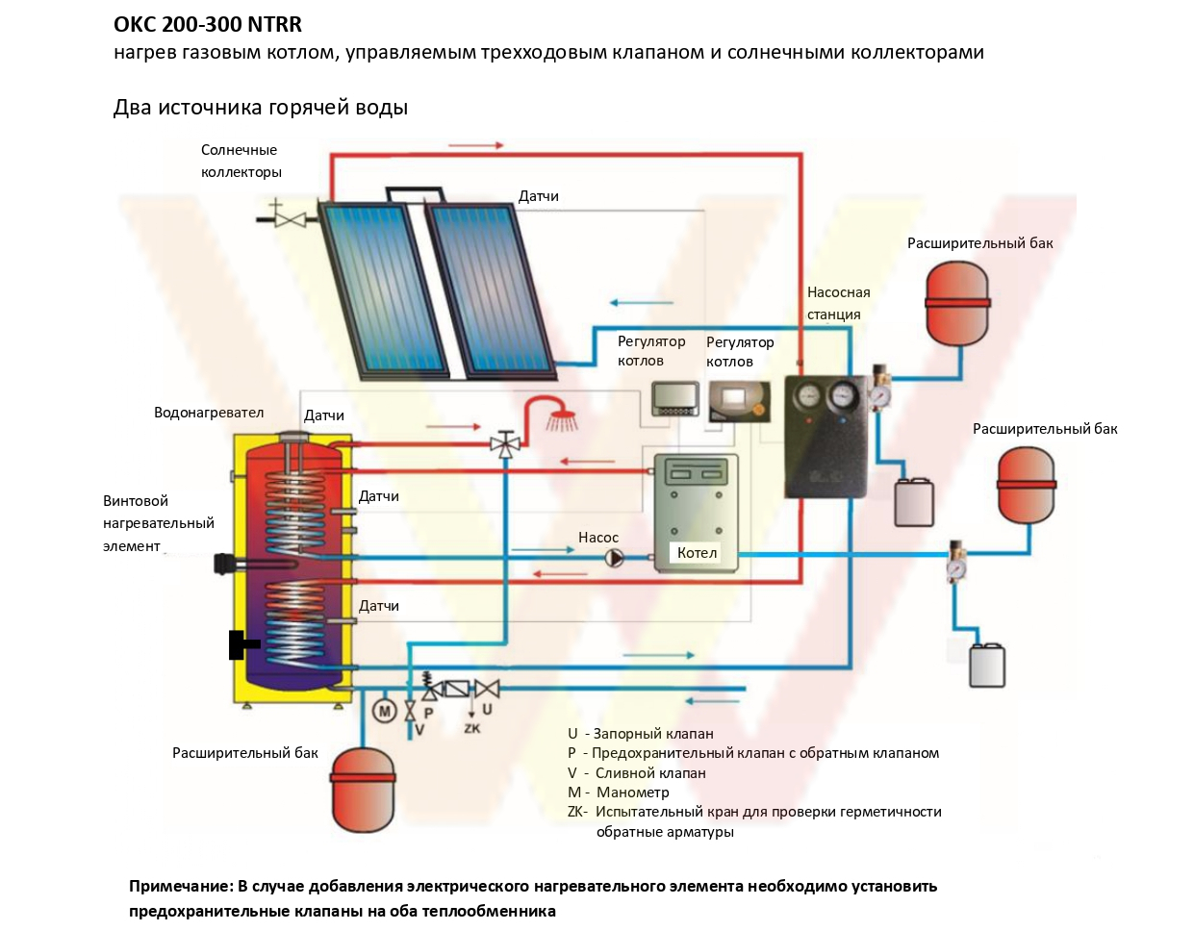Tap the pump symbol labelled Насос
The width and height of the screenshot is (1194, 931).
(x=614, y=558)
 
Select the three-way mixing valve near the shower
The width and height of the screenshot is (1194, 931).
(x=505, y=443)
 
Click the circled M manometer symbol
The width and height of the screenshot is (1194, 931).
(x=384, y=712)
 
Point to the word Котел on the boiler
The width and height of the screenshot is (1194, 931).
(x=697, y=553)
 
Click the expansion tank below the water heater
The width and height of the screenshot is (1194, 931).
(x=363, y=789)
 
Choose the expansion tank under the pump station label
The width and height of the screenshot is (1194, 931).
(x=957, y=303)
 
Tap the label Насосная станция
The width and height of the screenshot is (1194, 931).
(x=838, y=303)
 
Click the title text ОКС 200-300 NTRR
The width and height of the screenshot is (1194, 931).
(x=208, y=24)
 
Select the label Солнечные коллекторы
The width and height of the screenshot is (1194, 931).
(x=241, y=161)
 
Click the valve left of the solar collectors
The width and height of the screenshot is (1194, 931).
(x=291, y=219)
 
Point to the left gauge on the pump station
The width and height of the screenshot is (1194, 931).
(x=808, y=394)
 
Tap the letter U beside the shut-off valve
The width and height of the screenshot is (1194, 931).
(x=487, y=709)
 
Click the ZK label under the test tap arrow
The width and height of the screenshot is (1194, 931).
(x=472, y=728)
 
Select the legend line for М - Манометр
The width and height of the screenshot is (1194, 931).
(x=618, y=793)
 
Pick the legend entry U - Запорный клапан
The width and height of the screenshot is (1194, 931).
(x=641, y=733)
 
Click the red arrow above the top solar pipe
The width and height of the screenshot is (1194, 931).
(x=476, y=145)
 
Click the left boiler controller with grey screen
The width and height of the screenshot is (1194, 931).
(x=675, y=399)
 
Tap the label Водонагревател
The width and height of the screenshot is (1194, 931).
(x=209, y=413)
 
